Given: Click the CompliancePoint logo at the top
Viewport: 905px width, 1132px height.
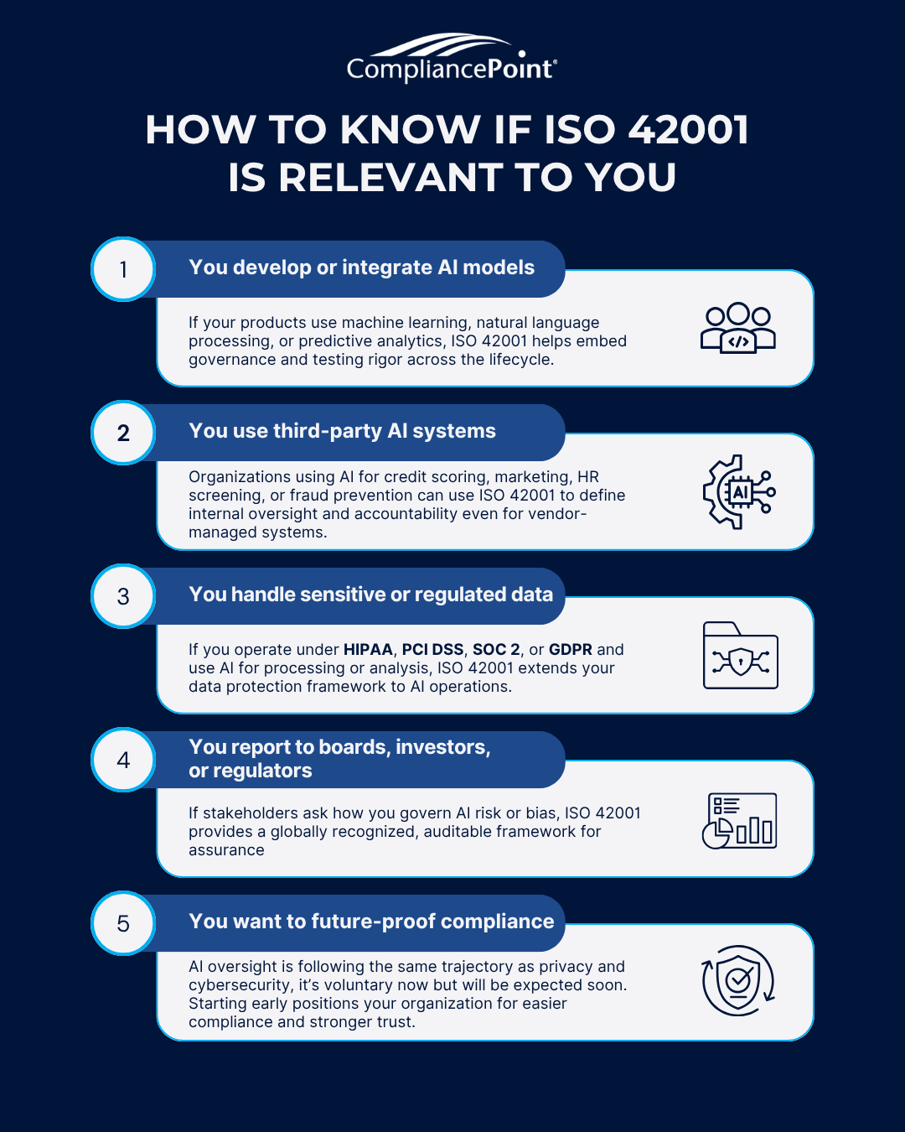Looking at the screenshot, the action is coord(452,58).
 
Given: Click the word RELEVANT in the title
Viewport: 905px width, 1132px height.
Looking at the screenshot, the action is coord(390,177).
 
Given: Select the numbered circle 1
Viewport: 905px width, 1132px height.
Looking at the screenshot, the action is coord(123,269).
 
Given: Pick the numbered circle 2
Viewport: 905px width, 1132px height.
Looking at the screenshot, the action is coord(123,433).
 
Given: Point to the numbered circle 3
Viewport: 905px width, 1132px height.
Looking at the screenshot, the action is coord(123,596).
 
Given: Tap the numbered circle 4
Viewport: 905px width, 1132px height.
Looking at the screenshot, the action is coord(123,760).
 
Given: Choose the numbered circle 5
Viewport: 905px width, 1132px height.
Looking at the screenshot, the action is coord(123,923).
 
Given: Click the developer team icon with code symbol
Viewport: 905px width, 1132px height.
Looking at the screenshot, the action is coord(738,328).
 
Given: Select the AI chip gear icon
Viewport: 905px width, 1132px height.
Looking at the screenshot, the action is coord(739,492).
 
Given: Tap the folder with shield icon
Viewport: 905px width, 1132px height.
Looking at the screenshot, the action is coord(741,656).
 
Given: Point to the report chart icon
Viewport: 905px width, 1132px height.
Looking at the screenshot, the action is coord(739,821).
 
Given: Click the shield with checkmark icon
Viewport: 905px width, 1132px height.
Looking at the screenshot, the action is coord(738,980).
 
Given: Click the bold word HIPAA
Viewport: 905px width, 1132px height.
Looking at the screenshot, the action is coord(368,650).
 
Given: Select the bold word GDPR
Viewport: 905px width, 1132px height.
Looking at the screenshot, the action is coord(571,650).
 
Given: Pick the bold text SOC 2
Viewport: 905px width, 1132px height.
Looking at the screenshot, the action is coord(496,650).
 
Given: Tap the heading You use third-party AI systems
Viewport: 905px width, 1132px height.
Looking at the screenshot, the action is coord(343,431).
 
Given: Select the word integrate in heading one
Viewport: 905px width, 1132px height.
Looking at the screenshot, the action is coord(387,267).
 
